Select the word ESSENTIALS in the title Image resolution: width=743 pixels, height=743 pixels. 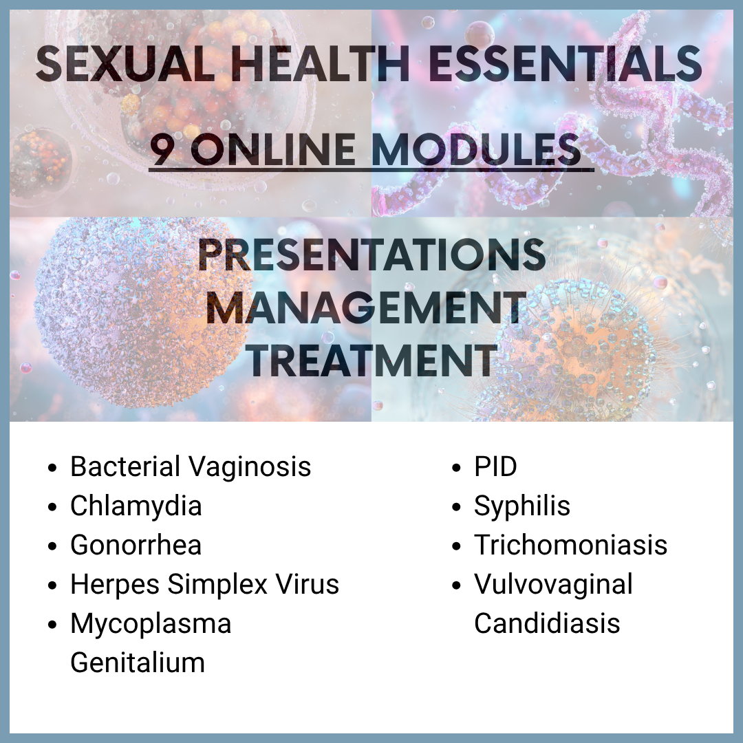tap(565, 64)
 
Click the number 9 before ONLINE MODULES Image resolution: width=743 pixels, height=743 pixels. tap(162, 149)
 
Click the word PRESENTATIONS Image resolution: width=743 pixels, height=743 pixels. tap(371, 255)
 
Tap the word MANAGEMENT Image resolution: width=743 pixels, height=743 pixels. tap(367, 308)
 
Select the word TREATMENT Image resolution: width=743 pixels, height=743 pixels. tap(372, 360)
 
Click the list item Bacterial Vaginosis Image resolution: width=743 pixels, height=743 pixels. tap(191, 466)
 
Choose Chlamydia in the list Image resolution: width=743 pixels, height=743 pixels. tap(136, 506)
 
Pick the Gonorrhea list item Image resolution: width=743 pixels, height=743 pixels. tap(136, 545)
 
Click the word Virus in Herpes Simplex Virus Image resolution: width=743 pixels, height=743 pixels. tap(308, 584)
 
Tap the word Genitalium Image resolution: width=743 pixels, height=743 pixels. tap(138, 663)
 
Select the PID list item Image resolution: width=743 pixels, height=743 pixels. tap(495, 466)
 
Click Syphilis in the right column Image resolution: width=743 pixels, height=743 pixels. tap(522, 506)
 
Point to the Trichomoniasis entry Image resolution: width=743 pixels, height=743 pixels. tap(571, 545)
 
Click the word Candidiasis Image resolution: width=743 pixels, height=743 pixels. tap(548, 623)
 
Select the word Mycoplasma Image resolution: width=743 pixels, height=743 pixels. tap(151, 624)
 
